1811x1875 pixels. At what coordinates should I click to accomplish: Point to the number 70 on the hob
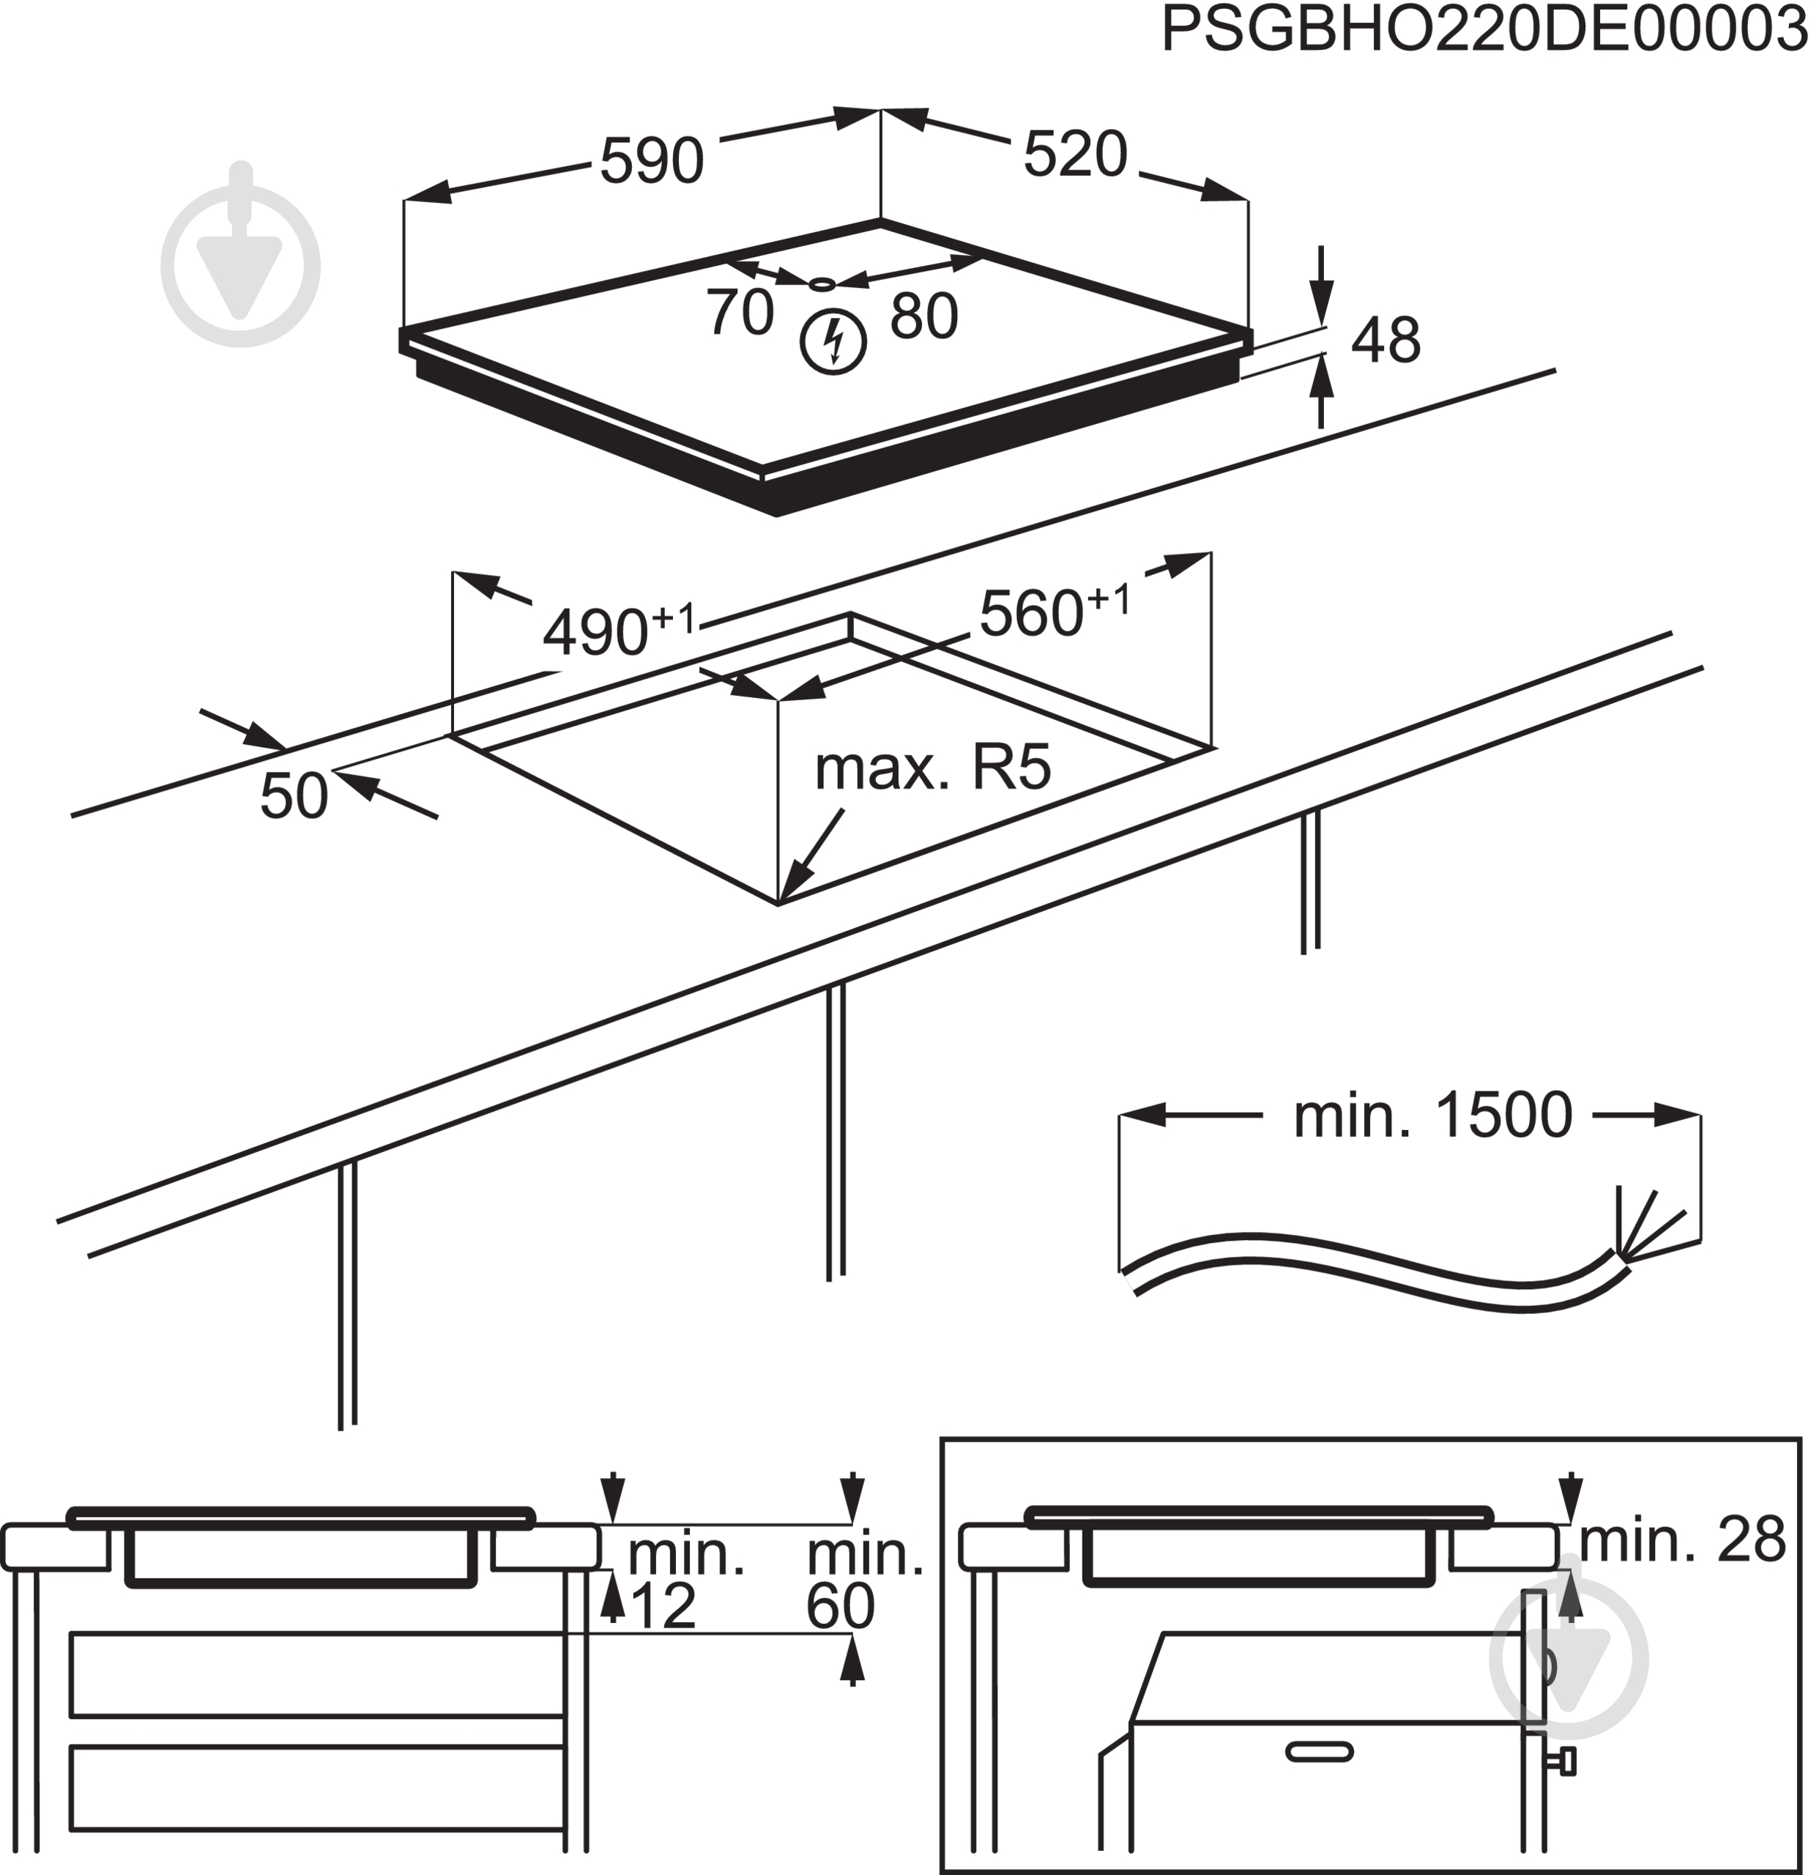[740, 312]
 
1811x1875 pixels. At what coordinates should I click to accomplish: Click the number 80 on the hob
[923, 316]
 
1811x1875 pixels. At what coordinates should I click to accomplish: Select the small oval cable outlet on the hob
[822, 284]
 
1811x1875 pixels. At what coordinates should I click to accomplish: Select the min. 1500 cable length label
[1432, 1115]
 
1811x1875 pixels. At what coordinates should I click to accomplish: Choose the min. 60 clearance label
[863, 1579]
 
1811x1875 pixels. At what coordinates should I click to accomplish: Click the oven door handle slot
[1320, 1753]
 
